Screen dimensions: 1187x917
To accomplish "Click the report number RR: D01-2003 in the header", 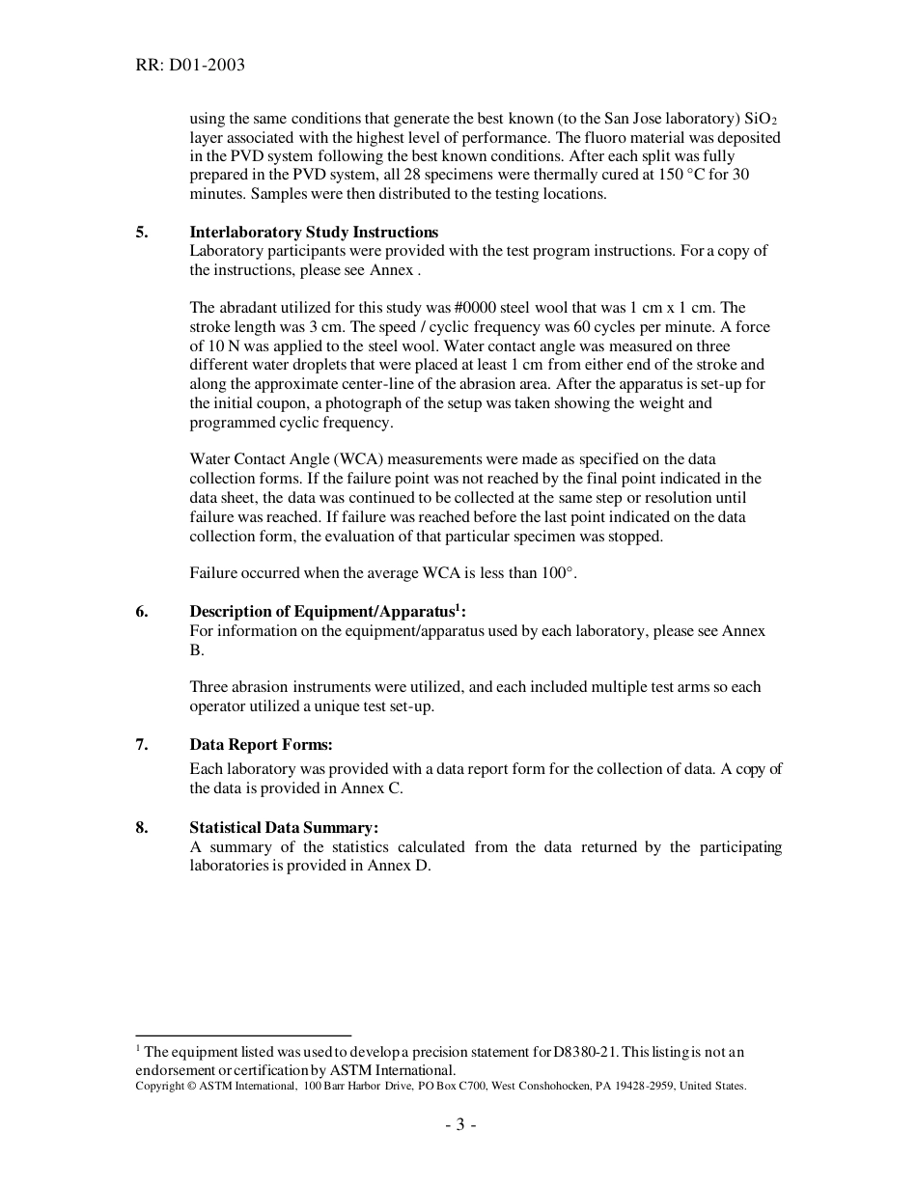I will click(190, 66).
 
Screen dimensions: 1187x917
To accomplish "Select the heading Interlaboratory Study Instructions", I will click(314, 232).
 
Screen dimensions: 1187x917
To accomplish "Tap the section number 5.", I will click(142, 232).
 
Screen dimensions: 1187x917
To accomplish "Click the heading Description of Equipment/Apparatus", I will click(321, 612).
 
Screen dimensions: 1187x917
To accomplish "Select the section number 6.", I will click(142, 612).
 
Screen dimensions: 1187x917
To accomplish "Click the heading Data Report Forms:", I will click(261, 744).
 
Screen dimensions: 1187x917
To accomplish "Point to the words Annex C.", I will click(372, 787).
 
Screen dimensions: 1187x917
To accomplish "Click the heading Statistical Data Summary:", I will click(284, 828).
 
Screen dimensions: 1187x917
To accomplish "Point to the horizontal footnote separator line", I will click(243, 1035).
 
